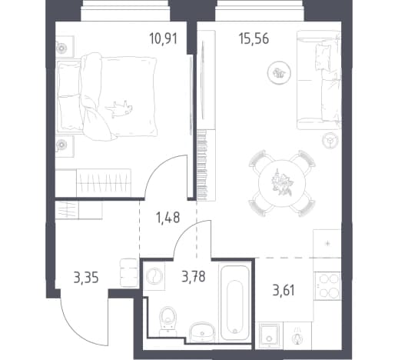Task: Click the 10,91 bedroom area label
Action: click(164, 39)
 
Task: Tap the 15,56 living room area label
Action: click(254, 39)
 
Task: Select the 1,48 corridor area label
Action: click(167, 217)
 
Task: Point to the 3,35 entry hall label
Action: click(86, 278)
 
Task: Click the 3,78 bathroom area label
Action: click(194, 276)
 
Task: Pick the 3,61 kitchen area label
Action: click(284, 291)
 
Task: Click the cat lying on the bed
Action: click(119, 108)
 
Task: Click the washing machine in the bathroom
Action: click(154, 276)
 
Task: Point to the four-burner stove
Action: click(327, 286)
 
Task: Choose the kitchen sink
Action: click(269, 335)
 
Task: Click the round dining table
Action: click(282, 183)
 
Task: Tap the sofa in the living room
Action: click(319, 80)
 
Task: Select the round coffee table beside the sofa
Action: click(279, 73)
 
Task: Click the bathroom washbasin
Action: click(202, 332)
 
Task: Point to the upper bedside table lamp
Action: click(61, 48)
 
